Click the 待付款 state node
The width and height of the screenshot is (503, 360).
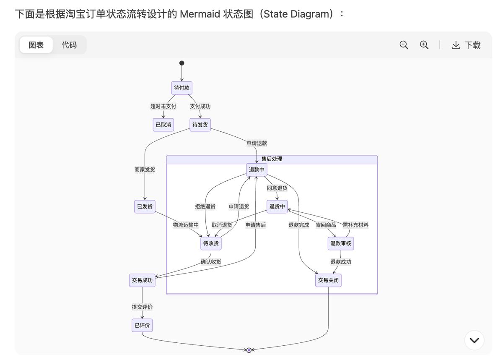pos(181,88)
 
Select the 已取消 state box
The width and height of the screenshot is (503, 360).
pos(163,125)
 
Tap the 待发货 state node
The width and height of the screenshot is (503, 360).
pos(200,125)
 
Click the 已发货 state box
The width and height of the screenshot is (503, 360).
pos(145,206)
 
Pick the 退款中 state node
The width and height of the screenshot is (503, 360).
pos(257,170)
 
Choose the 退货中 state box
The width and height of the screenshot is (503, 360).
pos(277,206)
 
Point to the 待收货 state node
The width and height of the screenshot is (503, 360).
pos(211,243)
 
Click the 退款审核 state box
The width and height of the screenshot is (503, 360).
pos(340,243)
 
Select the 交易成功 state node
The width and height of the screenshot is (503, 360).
pos(142,280)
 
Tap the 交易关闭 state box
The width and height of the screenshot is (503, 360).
pos(328,280)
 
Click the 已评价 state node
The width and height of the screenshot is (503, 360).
pos(142,325)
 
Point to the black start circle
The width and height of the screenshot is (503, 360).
pos(181,63)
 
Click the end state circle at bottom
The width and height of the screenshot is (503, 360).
pos(249,350)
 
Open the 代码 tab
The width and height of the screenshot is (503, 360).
pos(69,45)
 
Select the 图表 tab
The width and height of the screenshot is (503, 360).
pos(36,45)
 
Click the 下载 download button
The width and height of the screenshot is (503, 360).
pos(466,45)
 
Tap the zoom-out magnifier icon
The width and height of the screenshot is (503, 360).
pos(404,45)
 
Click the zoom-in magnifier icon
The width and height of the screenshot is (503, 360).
pos(424,45)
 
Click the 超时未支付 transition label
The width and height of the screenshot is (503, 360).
pos(163,106)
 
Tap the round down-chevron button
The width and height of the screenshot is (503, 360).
pos(474,340)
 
